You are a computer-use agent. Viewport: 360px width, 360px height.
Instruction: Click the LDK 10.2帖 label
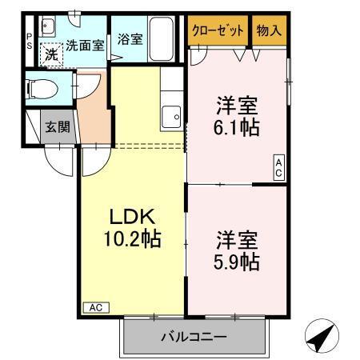pyautogui.click(x=131, y=227)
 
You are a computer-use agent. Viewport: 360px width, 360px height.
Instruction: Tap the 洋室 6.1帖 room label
pyautogui.click(x=238, y=117)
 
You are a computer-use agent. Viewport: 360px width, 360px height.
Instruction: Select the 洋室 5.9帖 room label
pyautogui.click(x=238, y=250)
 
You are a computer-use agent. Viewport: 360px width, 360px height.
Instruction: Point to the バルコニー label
pyautogui.click(x=195, y=337)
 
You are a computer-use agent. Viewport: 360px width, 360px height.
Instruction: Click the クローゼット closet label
pyautogui.click(x=218, y=30)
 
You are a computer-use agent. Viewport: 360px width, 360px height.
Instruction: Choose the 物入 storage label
pyautogui.click(x=268, y=30)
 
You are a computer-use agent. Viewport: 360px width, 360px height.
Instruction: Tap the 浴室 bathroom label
pyautogui.click(x=130, y=38)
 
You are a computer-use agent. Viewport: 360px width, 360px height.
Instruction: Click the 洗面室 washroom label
pyautogui.click(x=85, y=46)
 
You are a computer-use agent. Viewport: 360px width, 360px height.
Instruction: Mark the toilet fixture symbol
pyautogui.click(x=40, y=88)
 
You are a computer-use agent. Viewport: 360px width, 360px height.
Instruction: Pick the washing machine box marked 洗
pyautogui.click(x=50, y=54)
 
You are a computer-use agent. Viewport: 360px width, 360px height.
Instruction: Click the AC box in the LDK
pyautogui.click(x=94, y=307)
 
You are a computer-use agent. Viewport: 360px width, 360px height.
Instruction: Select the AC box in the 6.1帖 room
pyautogui.click(x=279, y=166)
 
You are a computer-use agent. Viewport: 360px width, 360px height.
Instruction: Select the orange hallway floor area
pyautogui.click(x=93, y=112)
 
